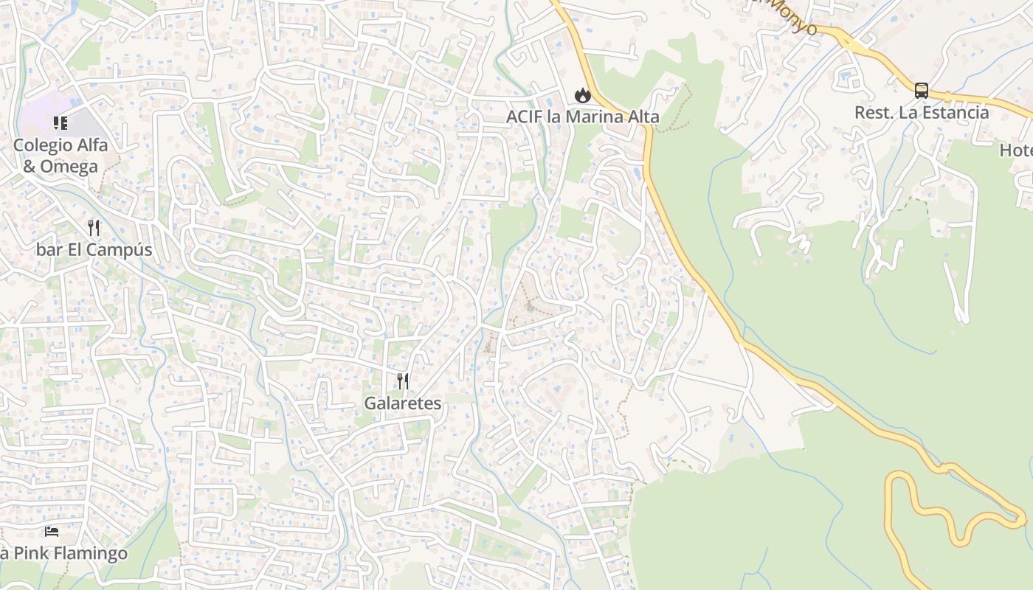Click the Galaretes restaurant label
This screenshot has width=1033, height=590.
tap(402, 403)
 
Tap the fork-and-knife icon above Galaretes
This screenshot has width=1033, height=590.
tap(402, 381)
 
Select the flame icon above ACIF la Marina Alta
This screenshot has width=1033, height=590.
tap(583, 95)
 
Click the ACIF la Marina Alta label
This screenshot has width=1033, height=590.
tap(583, 117)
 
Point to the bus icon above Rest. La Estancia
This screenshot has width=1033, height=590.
tap(922, 91)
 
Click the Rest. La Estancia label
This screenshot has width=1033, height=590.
tap(922, 112)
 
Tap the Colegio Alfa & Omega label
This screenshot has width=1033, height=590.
tap(61, 156)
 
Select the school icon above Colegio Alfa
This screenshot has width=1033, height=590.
tap(61, 122)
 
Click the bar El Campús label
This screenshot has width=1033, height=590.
tap(94, 249)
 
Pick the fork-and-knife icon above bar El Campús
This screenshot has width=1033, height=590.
tap(94, 227)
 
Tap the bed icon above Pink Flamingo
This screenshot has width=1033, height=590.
tap(51, 531)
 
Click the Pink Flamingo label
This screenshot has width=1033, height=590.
tap(65, 553)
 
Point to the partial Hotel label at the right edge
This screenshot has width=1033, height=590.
tap(1016, 150)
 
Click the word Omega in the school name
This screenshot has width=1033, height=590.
tap(70, 167)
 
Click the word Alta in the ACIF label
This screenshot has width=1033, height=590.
tap(643, 117)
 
